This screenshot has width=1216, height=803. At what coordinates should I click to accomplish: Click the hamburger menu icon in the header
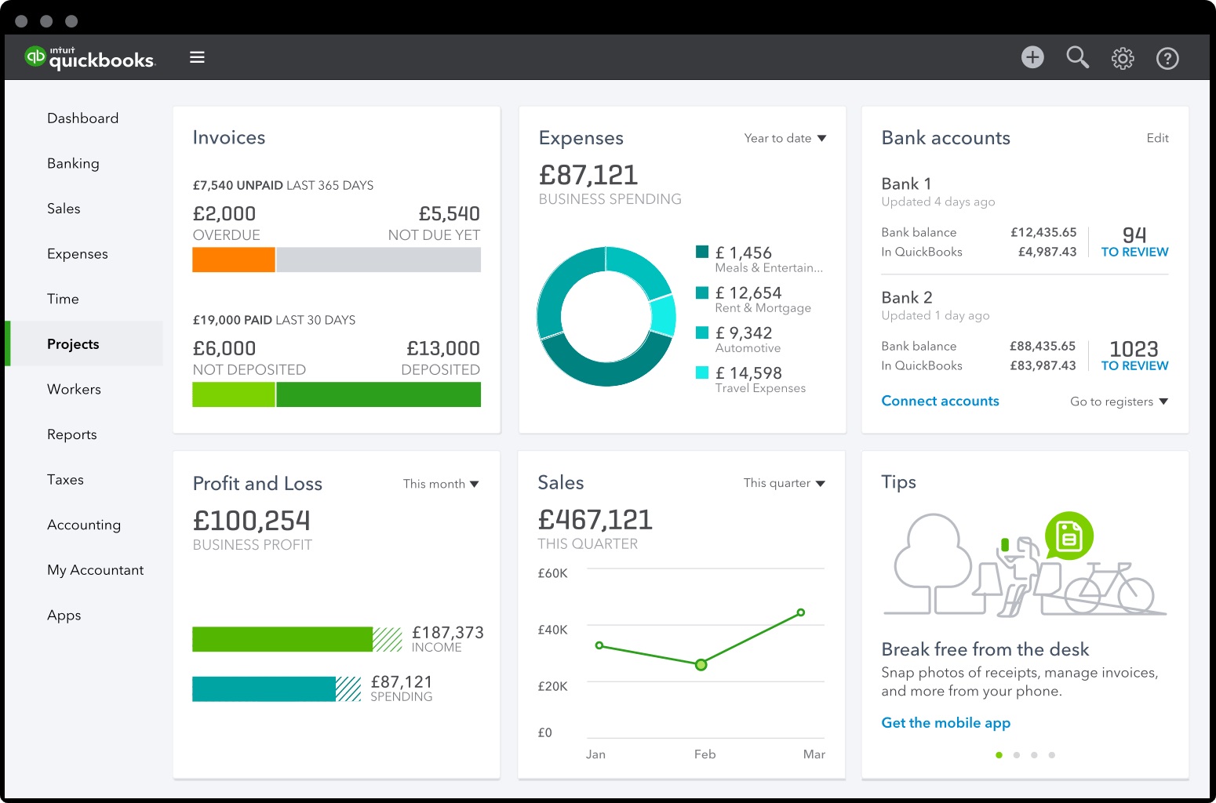coord(197,57)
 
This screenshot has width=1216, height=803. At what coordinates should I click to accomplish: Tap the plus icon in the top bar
coord(1032,57)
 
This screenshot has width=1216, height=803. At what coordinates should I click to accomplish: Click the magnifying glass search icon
coord(1077,57)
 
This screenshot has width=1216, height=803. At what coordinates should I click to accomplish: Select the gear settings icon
coord(1123,58)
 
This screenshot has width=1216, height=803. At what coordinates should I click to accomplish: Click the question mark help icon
coord(1167,58)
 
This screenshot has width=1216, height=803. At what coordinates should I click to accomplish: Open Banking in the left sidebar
coord(73,163)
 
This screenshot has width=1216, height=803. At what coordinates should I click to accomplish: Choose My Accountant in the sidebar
coord(95,570)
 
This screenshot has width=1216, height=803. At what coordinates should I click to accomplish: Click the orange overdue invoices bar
coord(234,260)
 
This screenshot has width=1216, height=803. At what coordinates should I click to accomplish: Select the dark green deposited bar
coord(378,394)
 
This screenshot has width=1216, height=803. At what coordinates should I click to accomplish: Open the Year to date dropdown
coord(785,138)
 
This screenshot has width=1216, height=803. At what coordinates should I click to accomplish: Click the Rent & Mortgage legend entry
coord(762,300)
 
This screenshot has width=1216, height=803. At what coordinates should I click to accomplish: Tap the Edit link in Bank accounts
coord(1157,138)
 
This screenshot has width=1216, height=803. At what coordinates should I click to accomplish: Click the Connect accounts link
coord(940,401)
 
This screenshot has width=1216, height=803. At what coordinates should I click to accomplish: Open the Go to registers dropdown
coord(1119,401)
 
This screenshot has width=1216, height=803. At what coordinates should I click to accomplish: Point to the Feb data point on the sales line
coord(701,665)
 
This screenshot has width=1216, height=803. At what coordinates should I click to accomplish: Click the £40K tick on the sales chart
coord(552,630)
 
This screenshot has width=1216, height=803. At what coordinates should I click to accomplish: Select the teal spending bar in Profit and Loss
coord(264,689)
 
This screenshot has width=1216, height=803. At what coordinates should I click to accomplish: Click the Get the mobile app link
coord(945,723)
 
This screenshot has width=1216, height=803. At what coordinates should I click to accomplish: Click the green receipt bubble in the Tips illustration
coord(1069,536)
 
